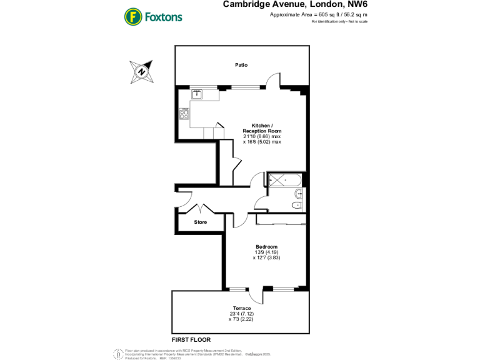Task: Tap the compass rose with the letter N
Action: point(142,71)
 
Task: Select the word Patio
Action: point(241,64)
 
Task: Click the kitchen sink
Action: point(196,94)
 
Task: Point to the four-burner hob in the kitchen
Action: point(184,114)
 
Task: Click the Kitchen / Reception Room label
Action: point(262,127)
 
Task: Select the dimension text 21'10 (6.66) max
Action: point(262,136)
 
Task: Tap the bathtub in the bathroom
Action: point(285,180)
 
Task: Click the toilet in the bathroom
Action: point(297,205)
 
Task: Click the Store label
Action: point(200,222)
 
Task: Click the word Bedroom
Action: point(266,246)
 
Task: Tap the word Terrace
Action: point(242,308)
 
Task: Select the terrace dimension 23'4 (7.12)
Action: point(242,314)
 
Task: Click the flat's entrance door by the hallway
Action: point(184,199)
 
